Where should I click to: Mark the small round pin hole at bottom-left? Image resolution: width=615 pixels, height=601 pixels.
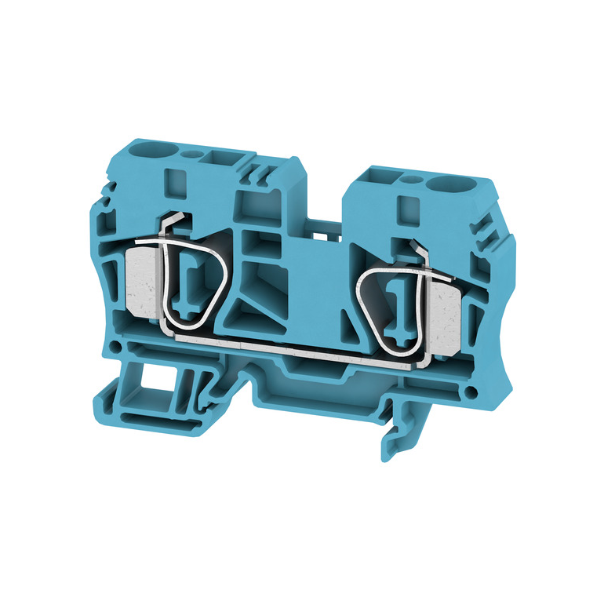point(115,346)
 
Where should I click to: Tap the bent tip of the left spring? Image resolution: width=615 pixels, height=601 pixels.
point(177,223)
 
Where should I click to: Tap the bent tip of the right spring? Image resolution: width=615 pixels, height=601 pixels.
point(413,250)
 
